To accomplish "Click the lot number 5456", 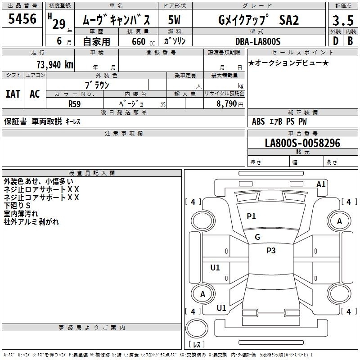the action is point(22,19).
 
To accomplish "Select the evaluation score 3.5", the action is point(343,20).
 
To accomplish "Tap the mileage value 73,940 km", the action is point(55,65).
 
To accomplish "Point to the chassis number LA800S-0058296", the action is point(302,143).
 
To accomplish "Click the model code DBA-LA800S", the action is point(258,41).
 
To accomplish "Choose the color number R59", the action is point(75,104).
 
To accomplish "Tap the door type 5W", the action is point(174,20).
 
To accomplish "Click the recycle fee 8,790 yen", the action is point(229,104).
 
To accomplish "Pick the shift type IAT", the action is point(13,94).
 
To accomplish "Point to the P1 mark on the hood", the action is point(251,216).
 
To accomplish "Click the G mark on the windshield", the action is point(257,237).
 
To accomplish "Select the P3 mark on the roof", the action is point(271,251).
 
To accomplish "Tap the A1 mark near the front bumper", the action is point(321,184).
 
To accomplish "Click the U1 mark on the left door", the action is point(215,267).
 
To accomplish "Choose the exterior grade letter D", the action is point(336,41).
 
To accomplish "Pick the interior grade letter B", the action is point(350,41).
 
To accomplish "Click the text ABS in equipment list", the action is point(258,121).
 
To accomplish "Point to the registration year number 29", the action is point(59,24).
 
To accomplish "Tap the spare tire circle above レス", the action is point(197,328).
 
